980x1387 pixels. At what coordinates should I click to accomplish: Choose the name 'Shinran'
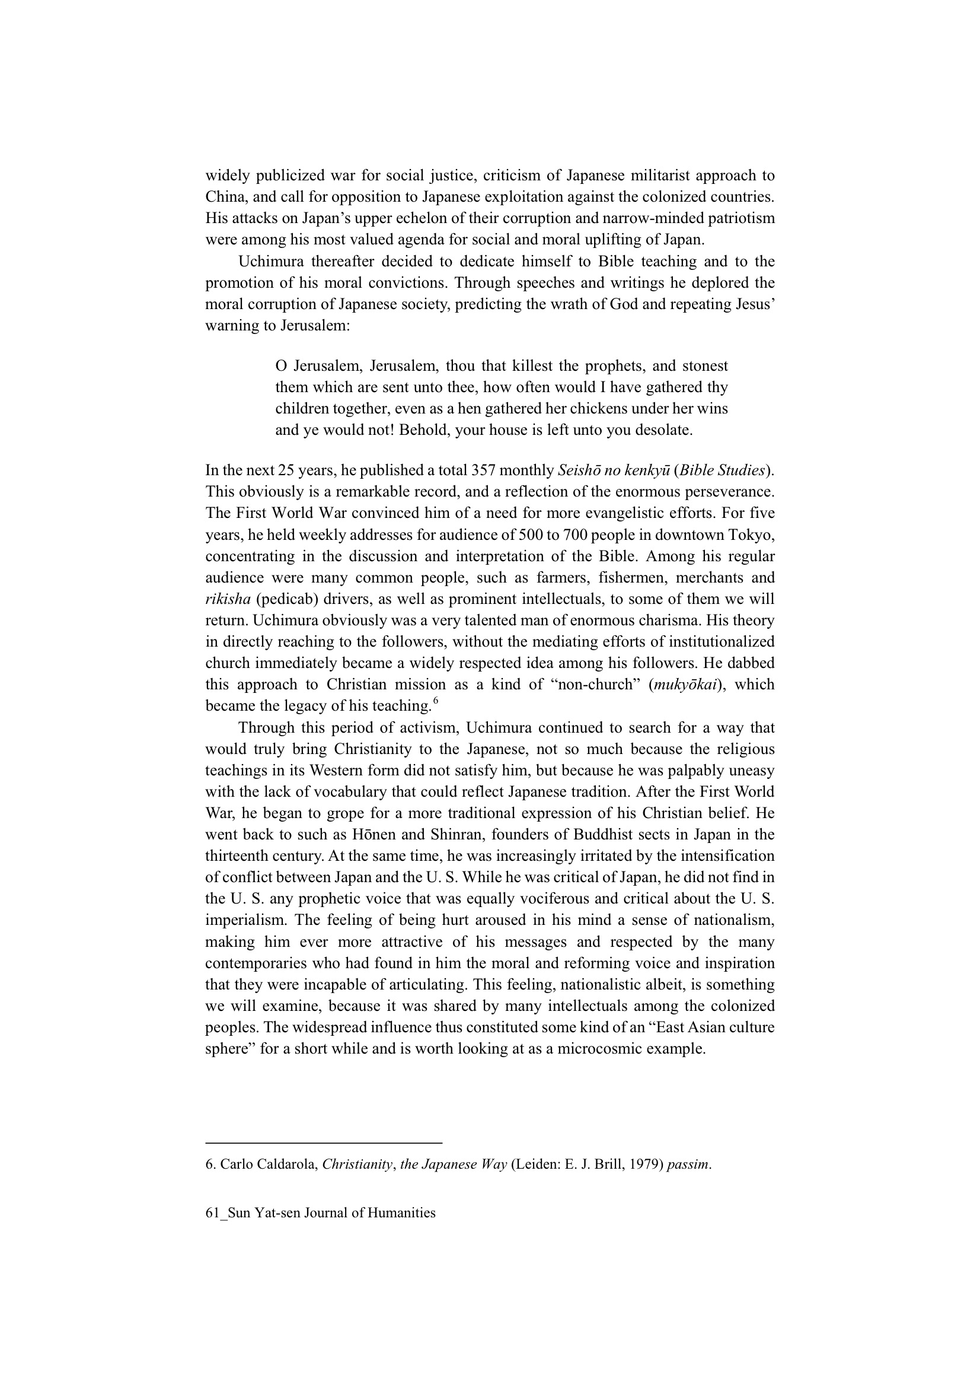[x=457, y=835]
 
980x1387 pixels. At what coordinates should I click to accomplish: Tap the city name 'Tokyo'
[x=754, y=535]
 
